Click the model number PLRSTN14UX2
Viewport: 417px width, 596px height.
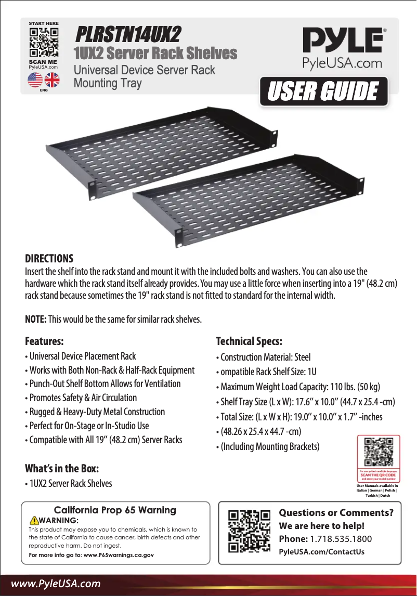[128, 35]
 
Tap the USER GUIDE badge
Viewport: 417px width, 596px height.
[323, 92]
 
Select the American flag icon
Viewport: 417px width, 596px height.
[35, 80]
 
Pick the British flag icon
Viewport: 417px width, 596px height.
[52, 80]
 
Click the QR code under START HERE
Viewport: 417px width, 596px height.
[43, 43]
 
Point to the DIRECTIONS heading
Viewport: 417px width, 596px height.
[49, 259]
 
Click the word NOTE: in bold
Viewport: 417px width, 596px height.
[36, 319]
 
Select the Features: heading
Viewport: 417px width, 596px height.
[45, 342]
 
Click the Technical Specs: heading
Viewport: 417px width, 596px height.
[249, 342]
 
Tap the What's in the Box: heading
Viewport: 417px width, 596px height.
[62, 468]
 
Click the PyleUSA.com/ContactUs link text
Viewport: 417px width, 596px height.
[321, 551]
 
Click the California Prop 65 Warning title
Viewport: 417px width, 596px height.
[115, 510]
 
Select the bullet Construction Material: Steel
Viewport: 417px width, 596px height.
[265, 357]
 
